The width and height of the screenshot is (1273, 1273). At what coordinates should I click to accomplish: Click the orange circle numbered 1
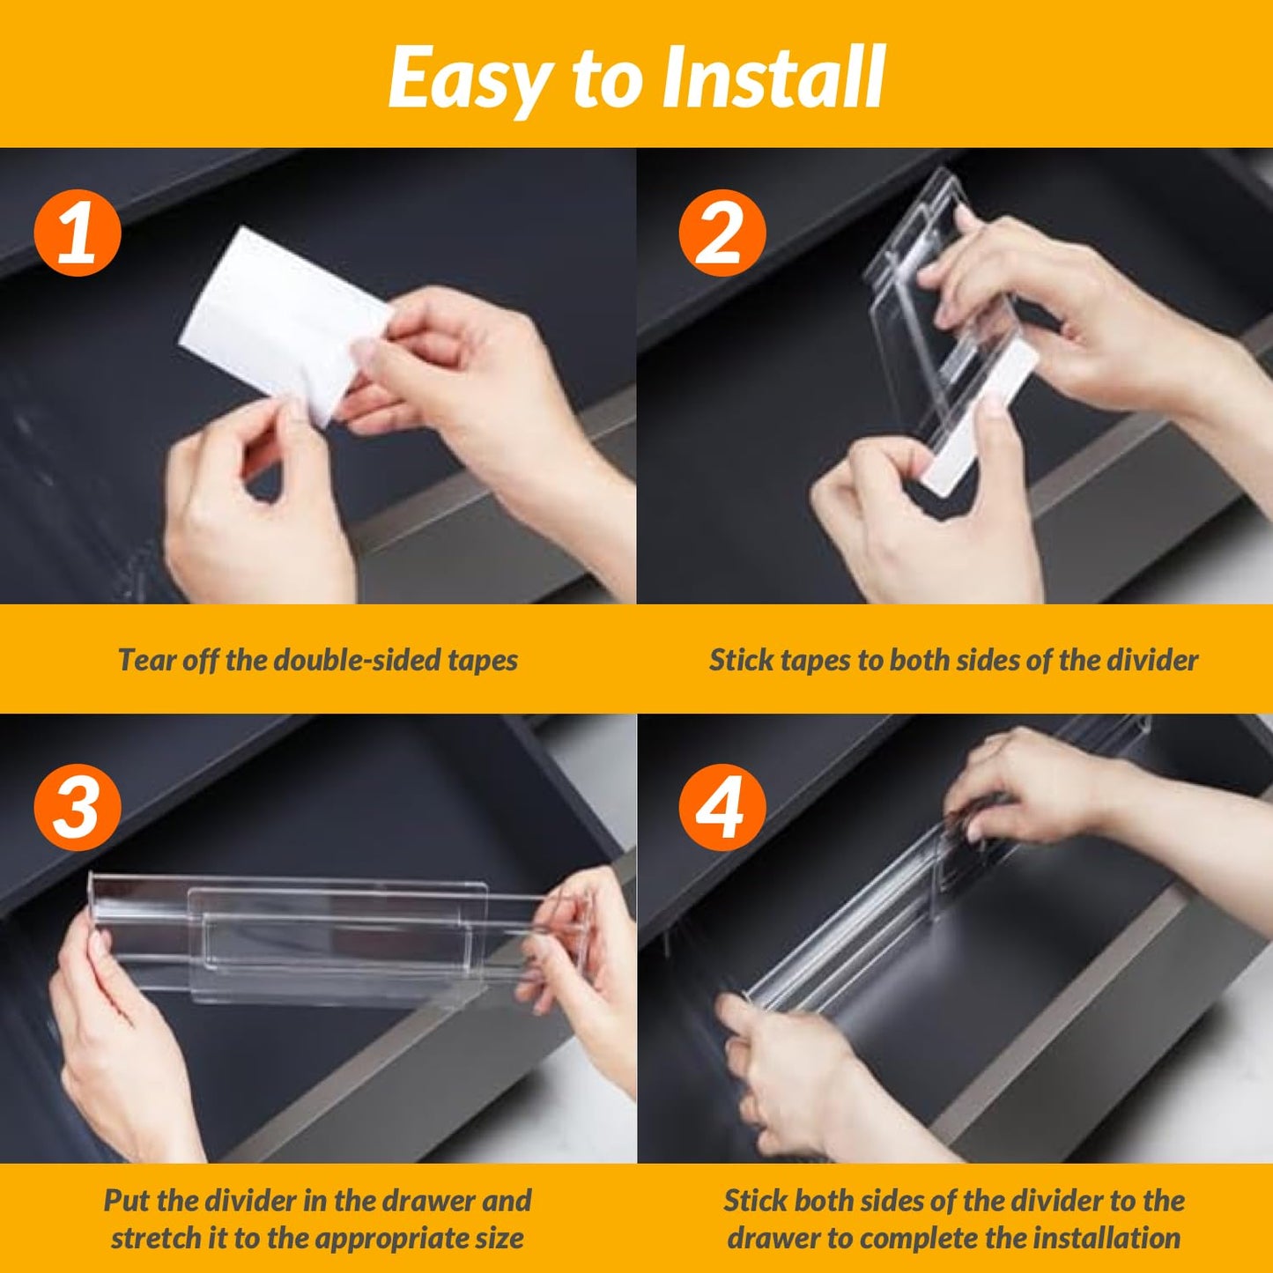click(x=77, y=233)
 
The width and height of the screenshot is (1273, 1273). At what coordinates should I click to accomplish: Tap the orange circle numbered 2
click(x=722, y=233)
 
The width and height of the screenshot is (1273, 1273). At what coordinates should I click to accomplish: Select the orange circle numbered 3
click(x=77, y=807)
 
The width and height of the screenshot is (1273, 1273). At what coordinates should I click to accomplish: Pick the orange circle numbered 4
click(x=722, y=807)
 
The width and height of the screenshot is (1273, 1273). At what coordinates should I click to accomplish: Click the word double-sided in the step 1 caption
click(x=352, y=660)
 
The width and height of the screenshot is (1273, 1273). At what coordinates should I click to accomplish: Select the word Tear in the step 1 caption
click(x=146, y=660)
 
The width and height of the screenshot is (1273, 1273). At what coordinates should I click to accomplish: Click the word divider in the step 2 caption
click(x=1154, y=660)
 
